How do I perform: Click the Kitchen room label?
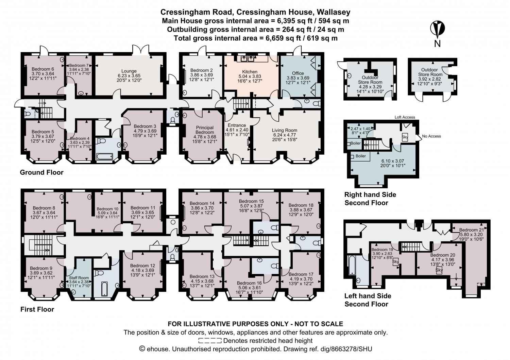pos(250,72)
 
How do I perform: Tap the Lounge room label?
pos(129,71)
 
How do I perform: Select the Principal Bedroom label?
pos(205,130)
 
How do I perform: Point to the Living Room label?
pos(284,130)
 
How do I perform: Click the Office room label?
pos(298,73)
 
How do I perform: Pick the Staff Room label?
pos(79,277)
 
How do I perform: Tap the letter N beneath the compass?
pos(437,44)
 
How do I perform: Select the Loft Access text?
pos(405,117)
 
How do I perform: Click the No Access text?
pos(431,136)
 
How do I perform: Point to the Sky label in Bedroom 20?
pos(439,270)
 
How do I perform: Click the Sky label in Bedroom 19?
pos(395,262)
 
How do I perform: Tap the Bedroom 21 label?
pos(471,230)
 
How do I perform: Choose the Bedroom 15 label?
pos(251,201)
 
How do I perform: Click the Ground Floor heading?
pos(41,172)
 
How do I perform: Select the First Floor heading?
pos(37,309)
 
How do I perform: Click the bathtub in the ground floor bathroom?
pos(104,157)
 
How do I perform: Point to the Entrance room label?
pos(237,125)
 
